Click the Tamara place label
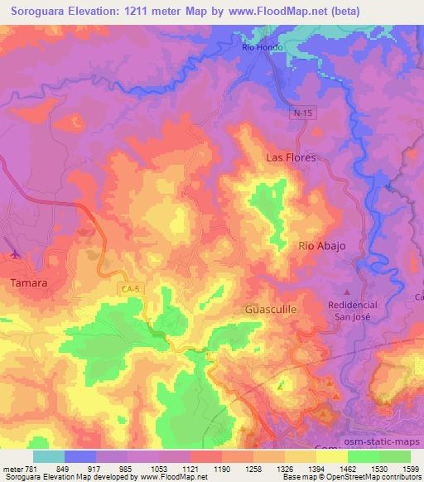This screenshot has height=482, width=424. pyautogui.click(x=28, y=282)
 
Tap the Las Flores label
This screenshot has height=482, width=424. pyautogui.click(x=291, y=157)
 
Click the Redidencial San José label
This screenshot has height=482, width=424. pyautogui.click(x=353, y=310)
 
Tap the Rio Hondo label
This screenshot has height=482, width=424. pyautogui.click(x=263, y=47)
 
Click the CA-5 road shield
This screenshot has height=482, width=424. pyautogui.click(x=128, y=287)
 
